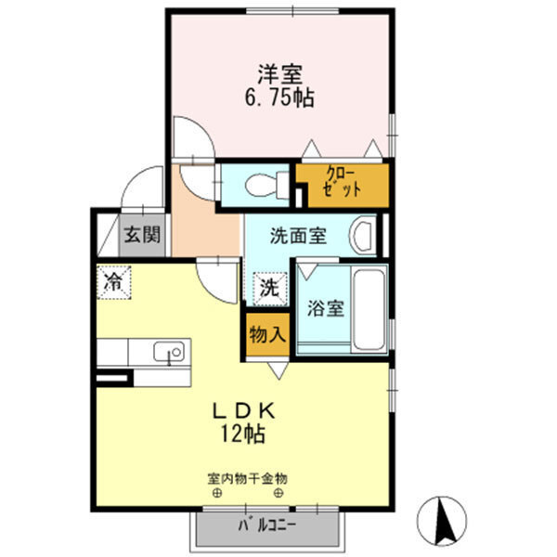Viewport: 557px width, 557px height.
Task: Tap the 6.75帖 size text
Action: [278, 97]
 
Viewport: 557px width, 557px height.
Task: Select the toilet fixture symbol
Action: [262, 183]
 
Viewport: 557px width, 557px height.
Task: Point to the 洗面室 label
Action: [297, 235]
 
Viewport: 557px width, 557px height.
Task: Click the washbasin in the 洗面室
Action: [364, 235]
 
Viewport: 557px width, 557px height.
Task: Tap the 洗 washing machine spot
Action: [267, 288]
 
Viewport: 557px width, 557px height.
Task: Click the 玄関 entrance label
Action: [141, 235]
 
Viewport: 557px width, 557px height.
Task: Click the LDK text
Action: [245, 409]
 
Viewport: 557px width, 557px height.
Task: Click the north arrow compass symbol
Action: [446, 519]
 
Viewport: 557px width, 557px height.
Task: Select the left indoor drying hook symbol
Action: [216, 493]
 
